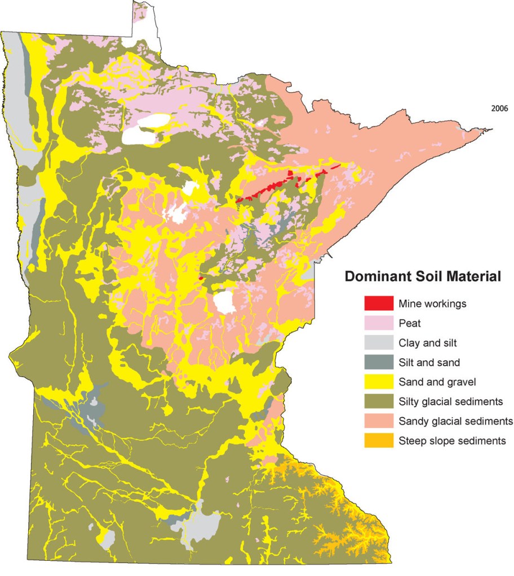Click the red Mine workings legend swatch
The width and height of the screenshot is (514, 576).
(x=378, y=303)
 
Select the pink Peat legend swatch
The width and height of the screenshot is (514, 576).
(x=378, y=323)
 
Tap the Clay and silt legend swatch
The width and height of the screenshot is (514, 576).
(x=378, y=342)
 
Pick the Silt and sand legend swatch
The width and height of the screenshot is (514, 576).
(x=378, y=362)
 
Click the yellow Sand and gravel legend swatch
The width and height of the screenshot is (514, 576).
(x=378, y=382)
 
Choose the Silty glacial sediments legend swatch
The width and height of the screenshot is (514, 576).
(x=378, y=401)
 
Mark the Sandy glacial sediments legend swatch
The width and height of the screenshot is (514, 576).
(x=378, y=421)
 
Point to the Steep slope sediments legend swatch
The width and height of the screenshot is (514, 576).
(x=378, y=441)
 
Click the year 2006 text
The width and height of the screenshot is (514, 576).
(x=499, y=109)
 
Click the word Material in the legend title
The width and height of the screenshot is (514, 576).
(x=473, y=276)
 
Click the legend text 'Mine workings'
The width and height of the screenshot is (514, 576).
(x=432, y=303)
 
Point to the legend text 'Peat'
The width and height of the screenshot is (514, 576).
(x=409, y=323)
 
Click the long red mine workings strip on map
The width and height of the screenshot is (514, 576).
(x=265, y=191)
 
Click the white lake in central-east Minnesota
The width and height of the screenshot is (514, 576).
(x=224, y=302)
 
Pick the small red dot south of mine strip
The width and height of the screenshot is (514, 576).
(x=202, y=277)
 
